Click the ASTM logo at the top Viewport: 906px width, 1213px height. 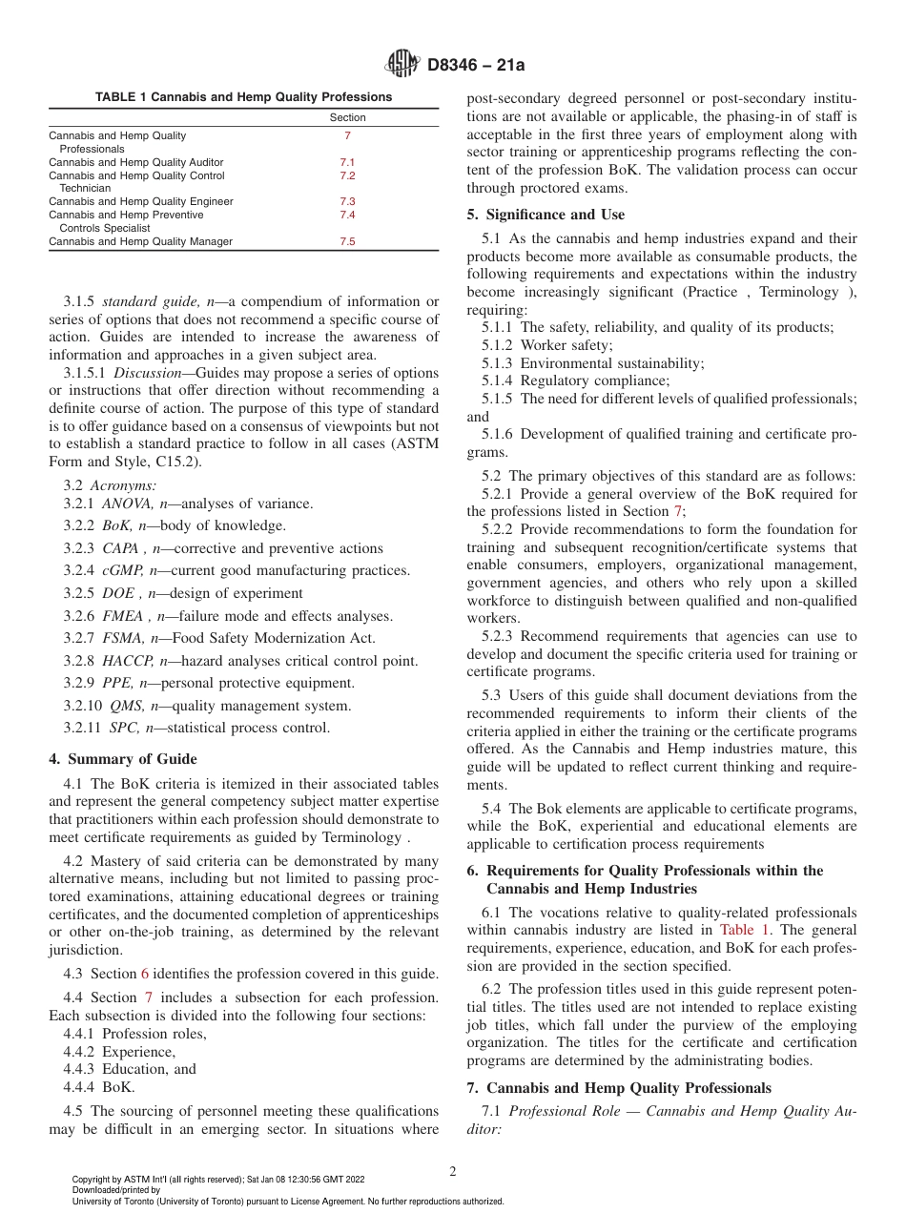click(401, 64)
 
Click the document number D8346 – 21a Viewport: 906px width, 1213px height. click(476, 65)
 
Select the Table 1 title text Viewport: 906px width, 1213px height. click(243, 97)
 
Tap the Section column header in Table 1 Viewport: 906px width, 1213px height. click(347, 118)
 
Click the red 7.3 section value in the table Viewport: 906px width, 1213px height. click(347, 202)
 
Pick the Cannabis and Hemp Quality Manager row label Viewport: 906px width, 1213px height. click(140, 242)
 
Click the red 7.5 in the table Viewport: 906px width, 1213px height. click(347, 242)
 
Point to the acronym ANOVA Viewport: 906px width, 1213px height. click(125, 504)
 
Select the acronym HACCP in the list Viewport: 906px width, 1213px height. click(128, 661)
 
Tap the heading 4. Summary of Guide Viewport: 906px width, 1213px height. click(123, 759)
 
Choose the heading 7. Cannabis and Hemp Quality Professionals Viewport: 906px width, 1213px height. click(619, 1088)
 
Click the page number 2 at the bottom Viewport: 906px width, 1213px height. click(453, 1172)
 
